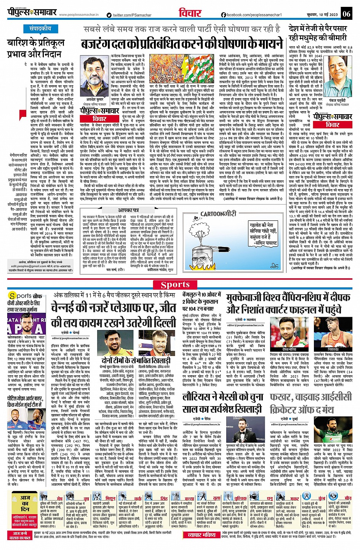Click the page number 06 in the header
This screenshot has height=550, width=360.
346,14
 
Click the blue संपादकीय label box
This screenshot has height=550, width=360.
40,29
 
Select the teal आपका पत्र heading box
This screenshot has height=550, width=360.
128,210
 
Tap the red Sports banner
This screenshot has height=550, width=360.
175,285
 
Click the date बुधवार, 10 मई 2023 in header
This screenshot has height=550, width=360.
322,15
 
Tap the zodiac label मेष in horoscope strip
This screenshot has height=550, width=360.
60,498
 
